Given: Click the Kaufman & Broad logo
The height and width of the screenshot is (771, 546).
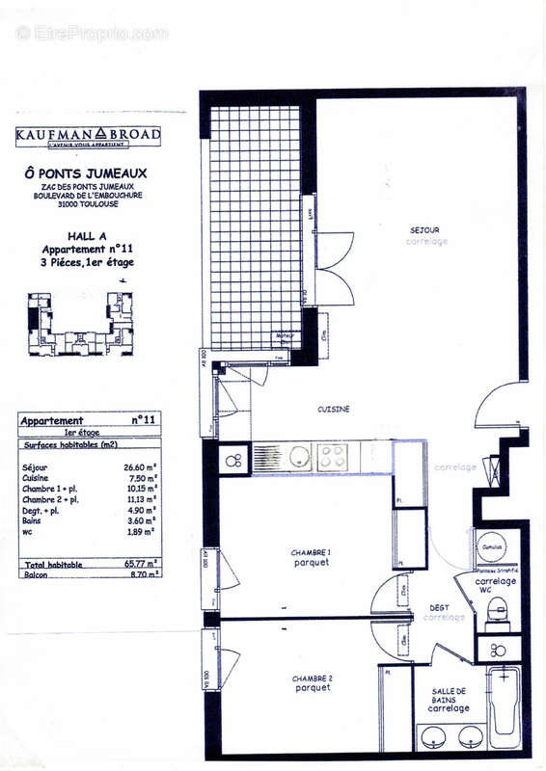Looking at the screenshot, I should [88, 136].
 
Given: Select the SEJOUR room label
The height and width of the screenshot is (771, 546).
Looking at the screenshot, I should [424, 230].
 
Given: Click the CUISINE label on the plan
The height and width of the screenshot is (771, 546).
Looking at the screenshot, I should [333, 410].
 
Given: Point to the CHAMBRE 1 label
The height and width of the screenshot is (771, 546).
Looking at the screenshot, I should [312, 552].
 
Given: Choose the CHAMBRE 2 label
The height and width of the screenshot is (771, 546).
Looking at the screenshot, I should [312, 678].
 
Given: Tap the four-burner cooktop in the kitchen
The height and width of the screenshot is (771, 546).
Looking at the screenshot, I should [333, 456].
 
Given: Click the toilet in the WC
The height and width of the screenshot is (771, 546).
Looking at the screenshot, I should [498, 610].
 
